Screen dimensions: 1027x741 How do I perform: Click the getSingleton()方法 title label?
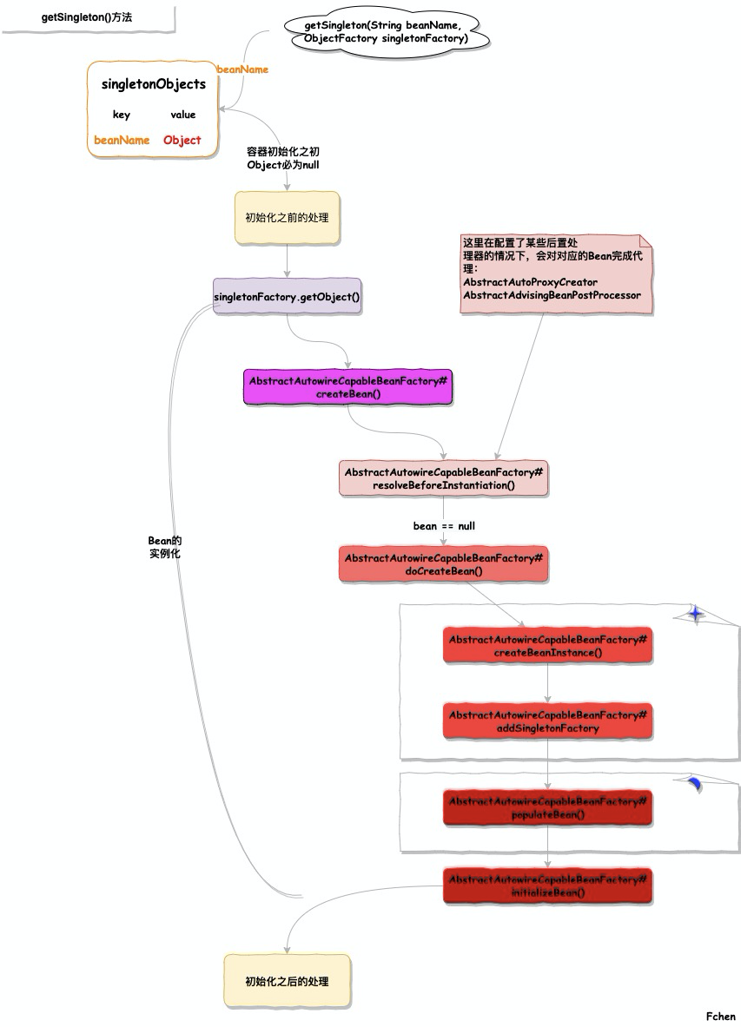[x=87, y=17]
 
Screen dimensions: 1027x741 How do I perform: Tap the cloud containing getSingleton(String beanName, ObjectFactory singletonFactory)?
[x=387, y=33]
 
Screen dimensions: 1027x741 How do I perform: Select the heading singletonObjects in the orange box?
[x=154, y=84]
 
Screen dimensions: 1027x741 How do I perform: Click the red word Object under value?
[x=182, y=140]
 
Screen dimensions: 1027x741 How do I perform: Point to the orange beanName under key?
[x=122, y=140]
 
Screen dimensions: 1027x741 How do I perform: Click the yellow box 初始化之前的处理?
[x=287, y=218]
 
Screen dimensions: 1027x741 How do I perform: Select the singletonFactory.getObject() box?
[x=287, y=297]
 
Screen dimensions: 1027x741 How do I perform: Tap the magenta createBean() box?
[x=347, y=387]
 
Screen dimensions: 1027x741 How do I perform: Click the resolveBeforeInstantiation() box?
[x=443, y=478]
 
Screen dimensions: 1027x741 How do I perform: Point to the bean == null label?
[x=444, y=526]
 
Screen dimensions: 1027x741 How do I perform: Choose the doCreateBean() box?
[x=443, y=564]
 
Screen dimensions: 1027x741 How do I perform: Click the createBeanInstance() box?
[x=547, y=646]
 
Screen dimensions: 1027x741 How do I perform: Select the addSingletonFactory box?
[x=547, y=721]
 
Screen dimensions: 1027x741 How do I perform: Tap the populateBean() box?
[x=547, y=808]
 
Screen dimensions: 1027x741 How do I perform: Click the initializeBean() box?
[x=547, y=885]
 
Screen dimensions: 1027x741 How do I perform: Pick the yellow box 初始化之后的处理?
[x=287, y=981]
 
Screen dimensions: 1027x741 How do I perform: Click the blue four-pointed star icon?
[x=695, y=614]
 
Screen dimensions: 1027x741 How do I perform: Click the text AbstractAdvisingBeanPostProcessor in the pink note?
[x=552, y=295]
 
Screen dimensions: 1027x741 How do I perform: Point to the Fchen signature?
[x=720, y=1016]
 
